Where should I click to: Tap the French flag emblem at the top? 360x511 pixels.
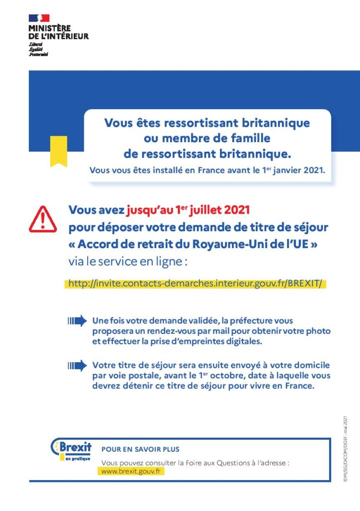click(x=39, y=18)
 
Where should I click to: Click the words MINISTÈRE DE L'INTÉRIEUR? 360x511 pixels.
click(x=58, y=32)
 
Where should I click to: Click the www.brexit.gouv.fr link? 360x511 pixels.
click(x=132, y=471)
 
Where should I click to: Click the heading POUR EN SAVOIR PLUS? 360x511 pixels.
click(x=140, y=449)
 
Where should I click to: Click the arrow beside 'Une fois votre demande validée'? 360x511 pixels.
click(x=77, y=320)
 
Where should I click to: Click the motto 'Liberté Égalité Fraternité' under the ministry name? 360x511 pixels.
click(x=38, y=49)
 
